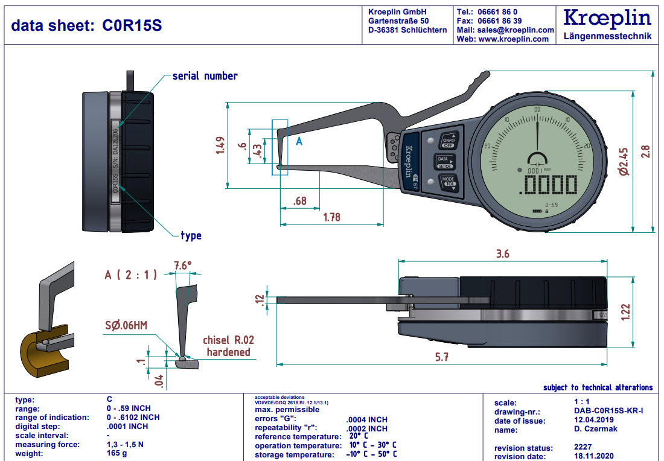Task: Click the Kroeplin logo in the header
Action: [607, 19]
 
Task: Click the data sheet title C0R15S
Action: [86, 25]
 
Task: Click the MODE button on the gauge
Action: [447, 182]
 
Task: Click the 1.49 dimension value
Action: [220, 145]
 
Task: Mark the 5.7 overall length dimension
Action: [442, 357]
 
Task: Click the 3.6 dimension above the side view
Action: [502, 254]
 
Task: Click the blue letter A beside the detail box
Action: [299, 142]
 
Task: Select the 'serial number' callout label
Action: [205, 76]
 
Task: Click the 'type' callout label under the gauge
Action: [191, 235]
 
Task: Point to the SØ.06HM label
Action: [126, 325]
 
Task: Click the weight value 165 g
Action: [117, 454]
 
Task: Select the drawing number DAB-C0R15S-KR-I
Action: [608, 411]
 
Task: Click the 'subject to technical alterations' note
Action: [598, 387]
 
